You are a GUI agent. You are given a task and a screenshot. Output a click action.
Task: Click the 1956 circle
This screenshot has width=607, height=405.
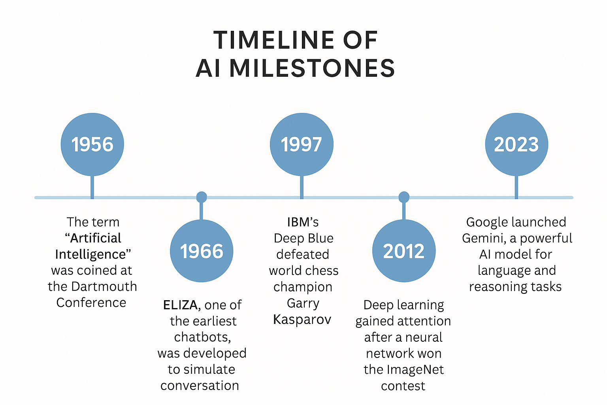92,144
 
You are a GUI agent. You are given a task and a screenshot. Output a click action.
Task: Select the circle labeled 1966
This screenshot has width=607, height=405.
202,251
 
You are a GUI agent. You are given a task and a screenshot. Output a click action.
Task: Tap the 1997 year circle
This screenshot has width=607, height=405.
302,144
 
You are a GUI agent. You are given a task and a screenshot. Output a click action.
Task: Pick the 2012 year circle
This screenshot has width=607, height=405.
403,251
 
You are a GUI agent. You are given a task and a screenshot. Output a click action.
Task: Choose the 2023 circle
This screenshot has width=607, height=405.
517,144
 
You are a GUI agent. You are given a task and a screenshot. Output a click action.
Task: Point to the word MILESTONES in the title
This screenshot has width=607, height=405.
312,68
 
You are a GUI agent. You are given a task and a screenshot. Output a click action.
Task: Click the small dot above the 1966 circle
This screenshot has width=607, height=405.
202,197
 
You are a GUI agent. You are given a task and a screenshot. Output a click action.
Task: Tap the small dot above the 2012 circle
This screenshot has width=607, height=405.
403,197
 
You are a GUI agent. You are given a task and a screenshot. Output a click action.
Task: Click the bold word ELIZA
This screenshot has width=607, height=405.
180,305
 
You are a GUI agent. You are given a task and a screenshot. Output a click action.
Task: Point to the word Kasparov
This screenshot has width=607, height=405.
302,319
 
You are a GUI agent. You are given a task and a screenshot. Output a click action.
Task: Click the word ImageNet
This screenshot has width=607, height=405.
415,369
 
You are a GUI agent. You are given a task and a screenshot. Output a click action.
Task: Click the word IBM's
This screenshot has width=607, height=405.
303,222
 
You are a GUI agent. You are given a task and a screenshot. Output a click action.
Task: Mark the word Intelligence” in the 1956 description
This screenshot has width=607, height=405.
93,254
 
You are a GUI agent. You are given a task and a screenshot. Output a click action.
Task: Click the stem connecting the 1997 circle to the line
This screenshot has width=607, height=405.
302,187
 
